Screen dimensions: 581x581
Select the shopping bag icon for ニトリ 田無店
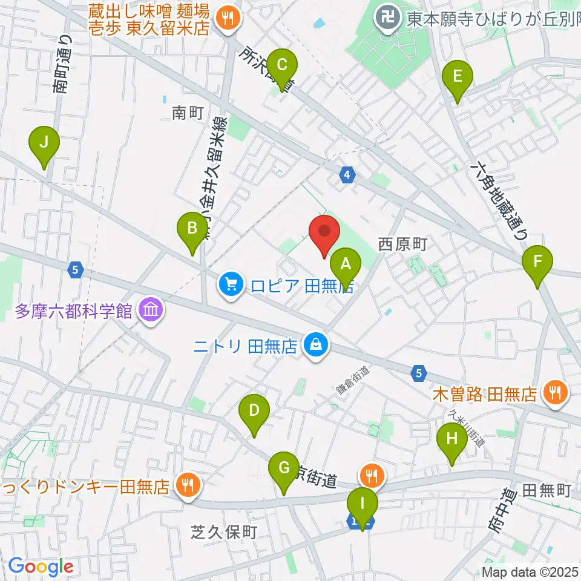tap(316, 346)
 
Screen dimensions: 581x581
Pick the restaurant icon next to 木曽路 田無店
tap(554, 394)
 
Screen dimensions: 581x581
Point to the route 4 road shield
tap(346, 175)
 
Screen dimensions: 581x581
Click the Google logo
tap(41, 566)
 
